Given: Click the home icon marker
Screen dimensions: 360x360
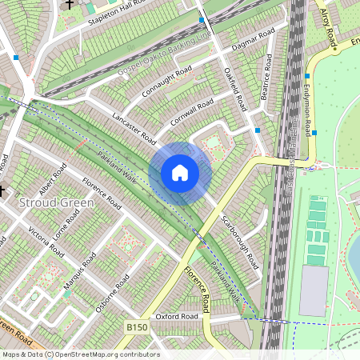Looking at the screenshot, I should [x=180, y=173].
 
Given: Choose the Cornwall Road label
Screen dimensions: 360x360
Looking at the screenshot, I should [x=192, y=114].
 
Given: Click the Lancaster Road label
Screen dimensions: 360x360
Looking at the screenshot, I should [x=134, y=127].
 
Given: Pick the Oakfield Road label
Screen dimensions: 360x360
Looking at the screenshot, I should [x=235, y=90].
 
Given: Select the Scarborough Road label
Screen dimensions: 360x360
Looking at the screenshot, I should [x=239, y=241].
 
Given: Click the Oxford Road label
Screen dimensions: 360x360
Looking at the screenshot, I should [x=176, y=317].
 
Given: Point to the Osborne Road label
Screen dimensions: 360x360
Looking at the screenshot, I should [x=112, y=294].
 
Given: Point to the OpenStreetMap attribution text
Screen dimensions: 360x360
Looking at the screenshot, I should [x=80, y=354].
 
